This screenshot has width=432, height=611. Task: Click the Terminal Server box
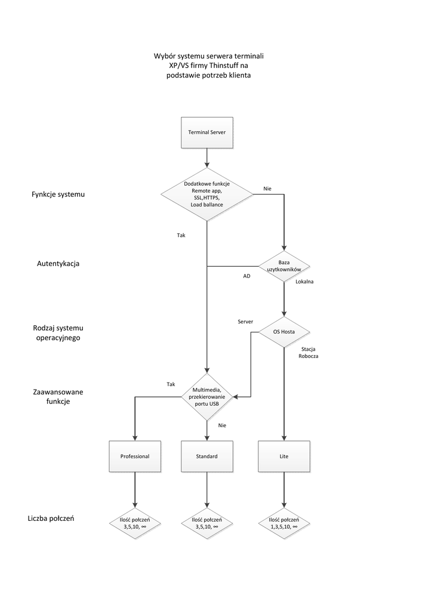206,132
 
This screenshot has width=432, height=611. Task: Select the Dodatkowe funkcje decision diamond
206,194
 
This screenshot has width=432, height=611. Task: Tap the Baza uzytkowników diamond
283,266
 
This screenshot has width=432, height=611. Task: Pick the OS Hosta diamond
283,331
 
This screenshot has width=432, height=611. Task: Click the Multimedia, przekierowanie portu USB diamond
206,396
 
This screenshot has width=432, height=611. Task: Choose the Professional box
134,456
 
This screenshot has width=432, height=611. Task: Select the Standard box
206,456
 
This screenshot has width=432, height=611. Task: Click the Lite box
283,456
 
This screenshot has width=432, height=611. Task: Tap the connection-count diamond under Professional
134,523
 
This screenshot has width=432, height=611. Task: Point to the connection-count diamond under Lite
283,523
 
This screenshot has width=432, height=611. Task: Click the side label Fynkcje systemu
58,195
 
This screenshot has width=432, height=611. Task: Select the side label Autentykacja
58,263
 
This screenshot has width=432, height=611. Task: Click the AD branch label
246,276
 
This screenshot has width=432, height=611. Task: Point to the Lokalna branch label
304,281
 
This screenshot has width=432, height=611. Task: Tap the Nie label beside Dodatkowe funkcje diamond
267,189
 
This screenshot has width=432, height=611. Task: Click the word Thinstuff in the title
230,66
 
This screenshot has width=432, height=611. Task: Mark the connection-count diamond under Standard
206,523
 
